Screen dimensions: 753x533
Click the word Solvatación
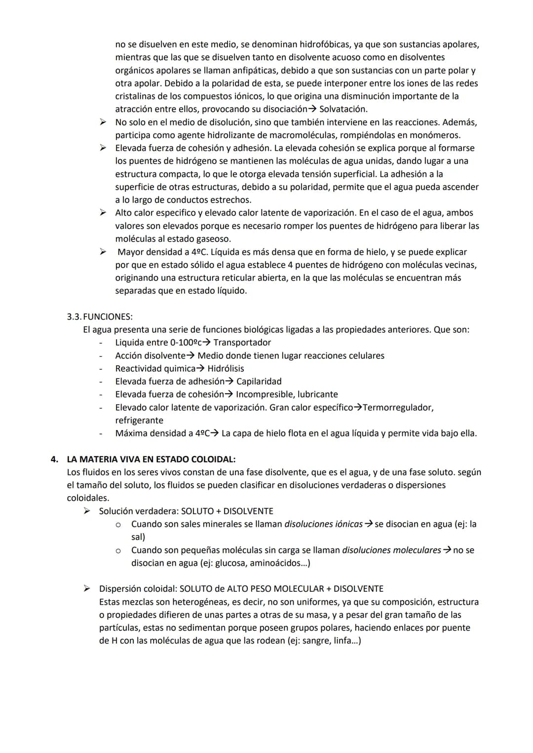click(343, 109)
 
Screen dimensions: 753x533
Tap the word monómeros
click(439, 135)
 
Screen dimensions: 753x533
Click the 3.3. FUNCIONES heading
click(100, 317)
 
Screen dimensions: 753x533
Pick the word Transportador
click(242, 342)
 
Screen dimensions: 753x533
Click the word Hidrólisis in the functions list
click(226, 368)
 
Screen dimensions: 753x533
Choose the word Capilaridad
click(259, 381)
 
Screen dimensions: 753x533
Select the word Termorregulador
click(398, 407)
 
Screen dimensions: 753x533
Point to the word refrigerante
click(139, 420)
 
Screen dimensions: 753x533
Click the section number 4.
click(54, 459)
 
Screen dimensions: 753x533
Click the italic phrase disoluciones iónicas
click(323, 524)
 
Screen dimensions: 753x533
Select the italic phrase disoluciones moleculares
click(391, 550)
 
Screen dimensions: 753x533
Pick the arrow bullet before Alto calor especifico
click(103, 213)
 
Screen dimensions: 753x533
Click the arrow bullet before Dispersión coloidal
click(87, 588)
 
